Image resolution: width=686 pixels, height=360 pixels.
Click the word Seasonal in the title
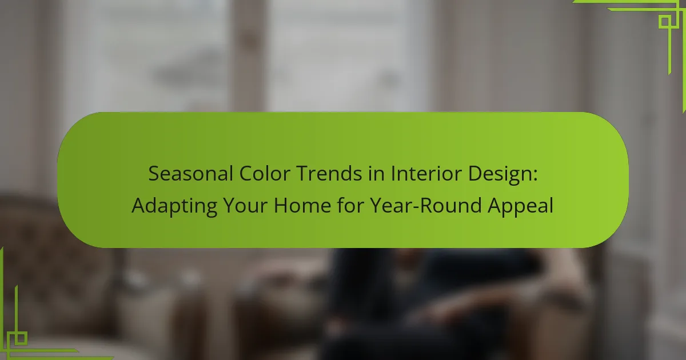click(x=190, y=174)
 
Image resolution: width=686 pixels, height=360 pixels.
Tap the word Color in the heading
click(x=265, y=174)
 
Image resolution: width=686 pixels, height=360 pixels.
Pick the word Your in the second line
click(x=245, y=205)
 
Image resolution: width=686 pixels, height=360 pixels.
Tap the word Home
click(x=302, y=205)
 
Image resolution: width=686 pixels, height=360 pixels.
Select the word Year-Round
click(x=426, y=205)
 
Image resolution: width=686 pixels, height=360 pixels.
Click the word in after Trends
click(x=376, y=174)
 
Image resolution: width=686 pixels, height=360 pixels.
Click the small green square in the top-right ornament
click(x=665, y=22)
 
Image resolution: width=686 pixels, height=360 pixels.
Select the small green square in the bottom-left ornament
click(x=21, y=338)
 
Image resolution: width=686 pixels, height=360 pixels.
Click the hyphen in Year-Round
click(x=415, y=207)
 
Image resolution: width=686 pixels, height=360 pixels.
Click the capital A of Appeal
click(x=494, y=205)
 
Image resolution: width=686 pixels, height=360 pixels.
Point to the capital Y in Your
click(x=230, y=205)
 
